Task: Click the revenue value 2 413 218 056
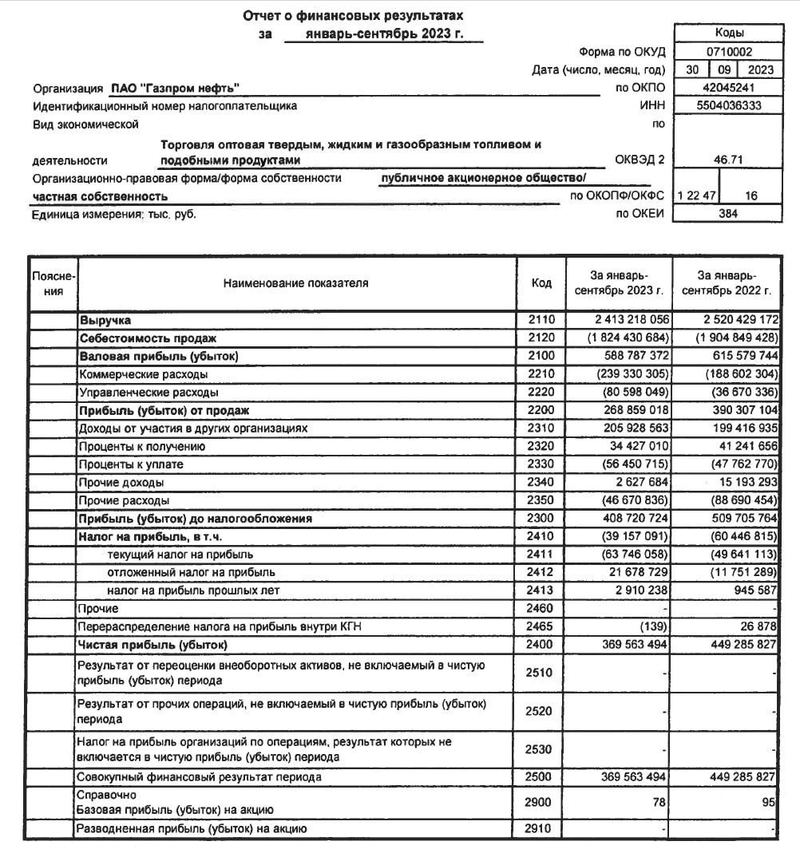point(627,319)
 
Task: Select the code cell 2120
point(541,338)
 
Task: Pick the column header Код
point(541,282)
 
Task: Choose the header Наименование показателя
point(295,282)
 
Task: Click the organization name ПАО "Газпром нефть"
point(174,88)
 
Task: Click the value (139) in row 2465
point(654,626)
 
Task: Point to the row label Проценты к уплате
point(131,464)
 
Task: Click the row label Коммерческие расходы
point(143,373)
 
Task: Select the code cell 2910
point(541,829)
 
